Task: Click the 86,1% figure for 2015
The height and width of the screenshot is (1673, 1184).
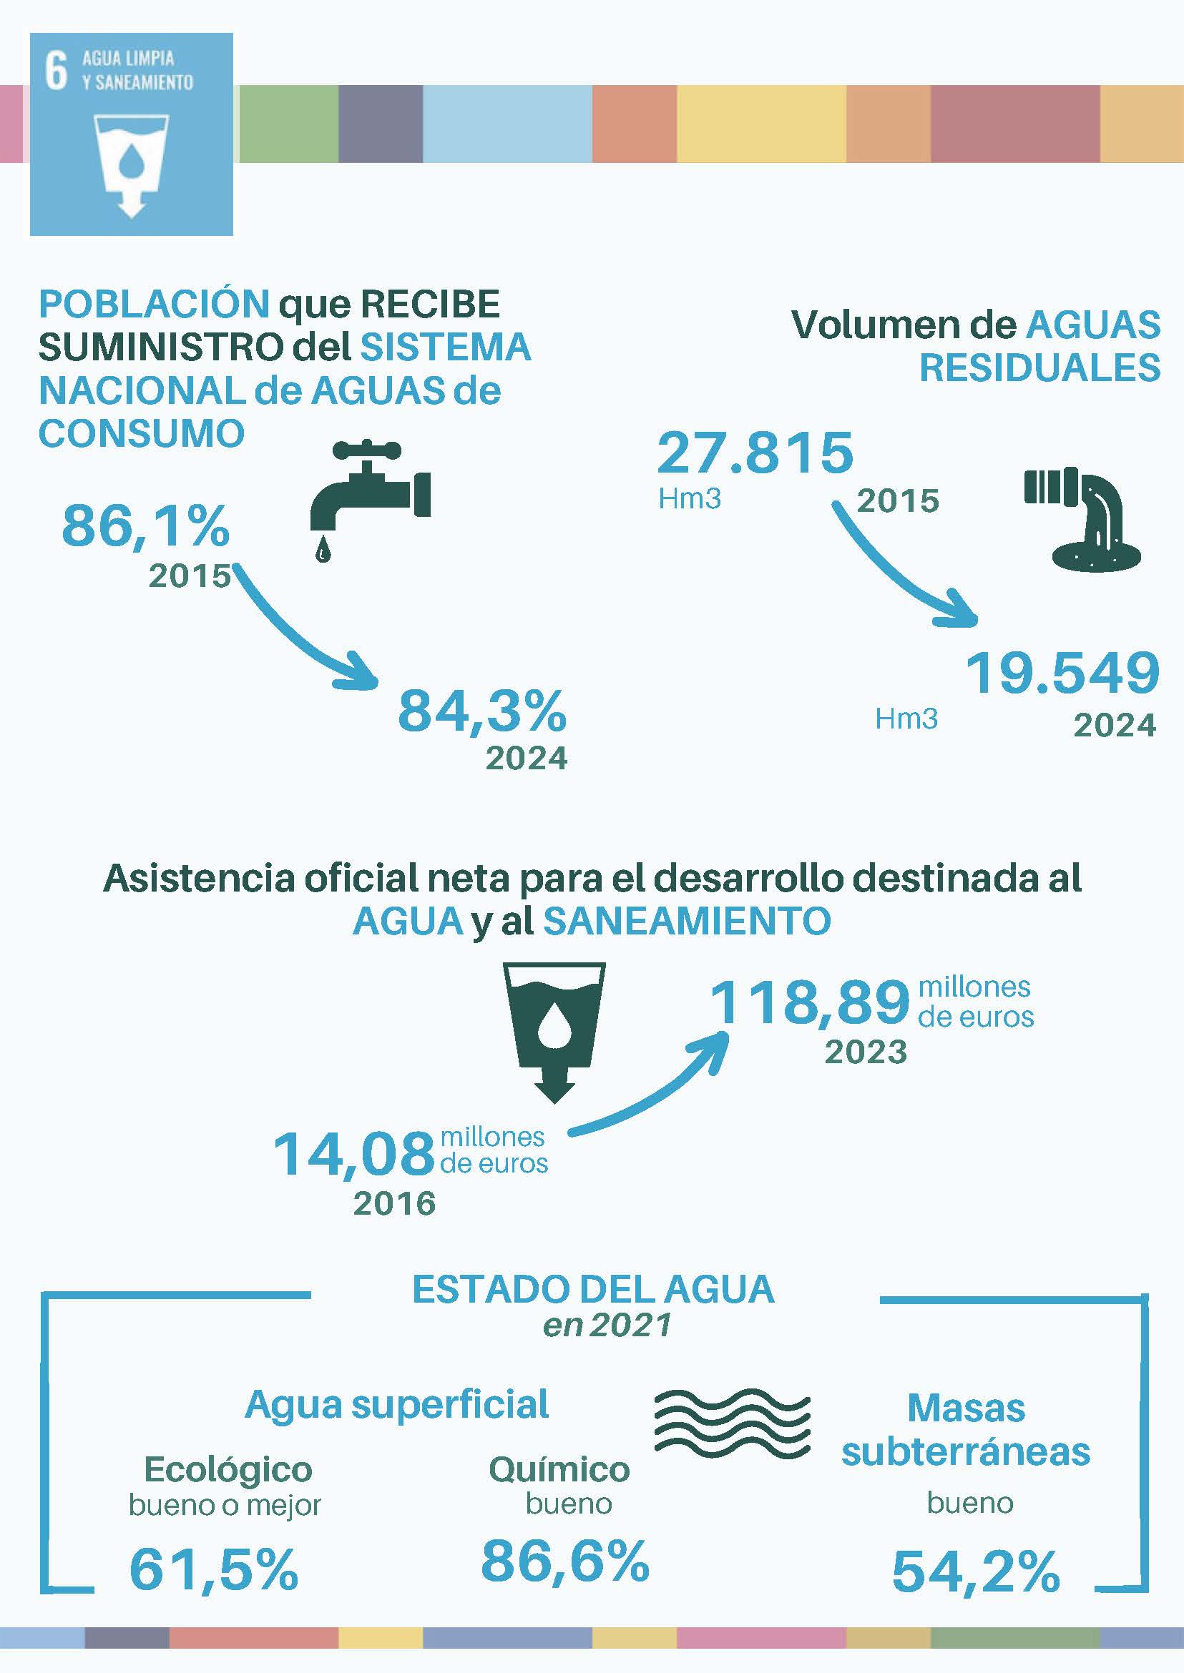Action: pyautogui.click(x=146, y=525)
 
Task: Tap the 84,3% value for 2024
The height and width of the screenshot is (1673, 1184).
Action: pyautogui.click(x=482, y=711)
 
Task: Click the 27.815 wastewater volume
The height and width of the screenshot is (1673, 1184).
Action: pyautogui.click(x=755, y=453)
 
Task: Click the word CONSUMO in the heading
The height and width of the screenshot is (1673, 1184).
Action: pyautogui.click(x=142, y=433)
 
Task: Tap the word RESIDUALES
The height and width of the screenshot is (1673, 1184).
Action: pyautogui.click(x=1039, y=367)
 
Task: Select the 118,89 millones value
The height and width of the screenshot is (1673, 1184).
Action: pyautogui.click(x=810, y=1003)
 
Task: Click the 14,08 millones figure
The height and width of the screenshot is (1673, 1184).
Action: pyautogui.click(x=354, y=1153)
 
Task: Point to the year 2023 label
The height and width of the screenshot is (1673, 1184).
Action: pyautogui.click(x=866, y=1052)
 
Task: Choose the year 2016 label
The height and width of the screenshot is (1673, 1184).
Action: pyautogui.click(x=394, y=1203)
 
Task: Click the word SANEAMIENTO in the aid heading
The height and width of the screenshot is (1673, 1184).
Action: pyautogui.click(x=687, y=921)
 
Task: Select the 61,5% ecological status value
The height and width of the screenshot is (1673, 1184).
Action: pyautogui.click(x=214, y=1569)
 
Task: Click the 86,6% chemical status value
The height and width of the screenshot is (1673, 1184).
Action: pyautogui.click(x=565, y=1561)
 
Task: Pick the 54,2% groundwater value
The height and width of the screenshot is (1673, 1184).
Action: pyautogui.click(x=976, y=1571)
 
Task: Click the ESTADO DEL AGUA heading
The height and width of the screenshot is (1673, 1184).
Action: pyautogui.click(x=593, y=1289)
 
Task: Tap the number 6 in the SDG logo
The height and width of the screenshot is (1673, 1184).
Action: pyautogui.click(x=56, y=71)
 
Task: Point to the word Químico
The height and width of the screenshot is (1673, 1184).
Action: pyautogui.click(x=559, y=1470)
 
